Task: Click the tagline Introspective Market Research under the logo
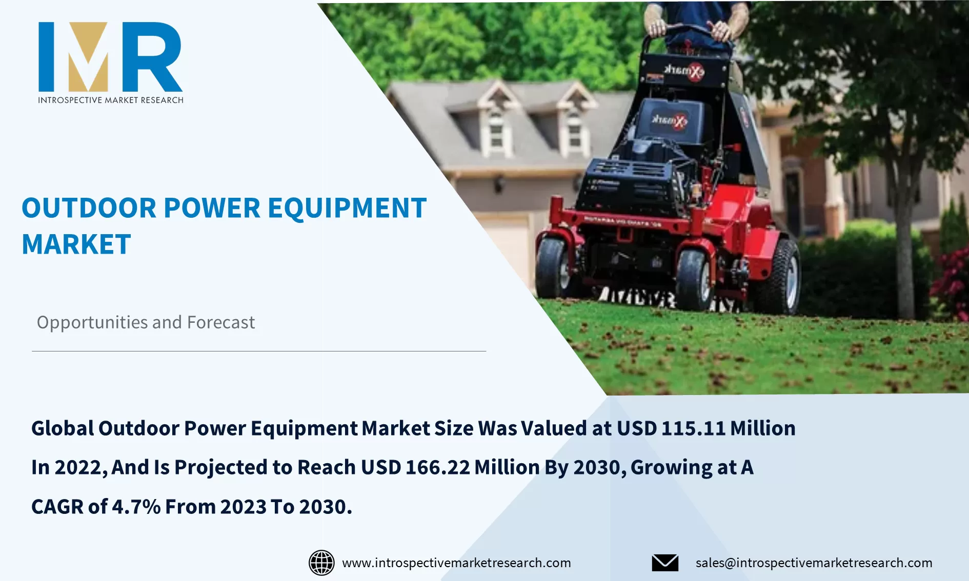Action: click(110, 100)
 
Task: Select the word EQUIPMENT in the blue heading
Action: click(347, 209)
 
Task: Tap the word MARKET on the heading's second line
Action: click(76, 244)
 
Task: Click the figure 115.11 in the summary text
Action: click(693, 428)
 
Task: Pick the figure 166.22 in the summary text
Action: click(437, 467)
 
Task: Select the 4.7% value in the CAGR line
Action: click(136, 507)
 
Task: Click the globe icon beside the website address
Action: click(321, 563)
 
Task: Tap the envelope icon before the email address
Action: click(665, 563)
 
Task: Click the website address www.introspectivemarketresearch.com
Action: click(456, 563)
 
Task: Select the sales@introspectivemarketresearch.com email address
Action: click(814, 563)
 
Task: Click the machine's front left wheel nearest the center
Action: click(693, 279)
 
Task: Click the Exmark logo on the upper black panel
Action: click(684, 71)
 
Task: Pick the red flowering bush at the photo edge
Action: click(953, 287)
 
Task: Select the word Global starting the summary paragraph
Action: click(63, 428)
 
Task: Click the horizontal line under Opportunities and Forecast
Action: click(259, 351)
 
